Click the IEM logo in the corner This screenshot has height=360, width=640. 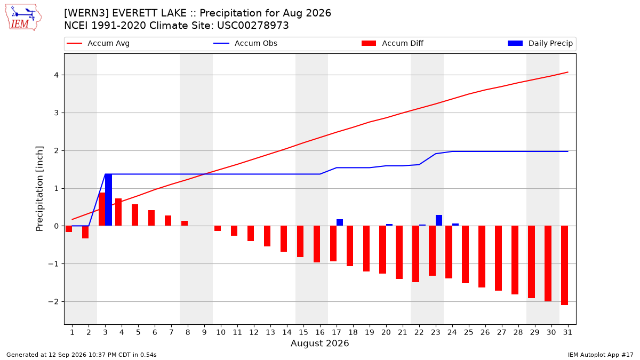23,17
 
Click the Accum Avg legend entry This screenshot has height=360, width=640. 98,43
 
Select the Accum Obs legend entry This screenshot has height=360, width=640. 245,43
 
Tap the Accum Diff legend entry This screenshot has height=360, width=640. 393,43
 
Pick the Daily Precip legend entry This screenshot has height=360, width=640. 540,43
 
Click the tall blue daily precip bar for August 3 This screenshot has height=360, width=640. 109,199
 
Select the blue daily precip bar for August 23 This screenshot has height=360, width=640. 439,220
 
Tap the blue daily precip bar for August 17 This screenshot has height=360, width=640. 340,222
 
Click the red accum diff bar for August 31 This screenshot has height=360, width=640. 565,266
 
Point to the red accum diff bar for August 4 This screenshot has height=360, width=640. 118,212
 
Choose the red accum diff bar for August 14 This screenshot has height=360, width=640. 284,238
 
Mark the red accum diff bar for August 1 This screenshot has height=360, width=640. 69,229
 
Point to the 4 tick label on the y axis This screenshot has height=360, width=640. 56,75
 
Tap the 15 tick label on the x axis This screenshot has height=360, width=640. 303,332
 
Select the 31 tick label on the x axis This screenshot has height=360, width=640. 567,332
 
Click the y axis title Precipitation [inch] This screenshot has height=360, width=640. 39,189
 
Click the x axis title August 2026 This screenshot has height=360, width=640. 319,343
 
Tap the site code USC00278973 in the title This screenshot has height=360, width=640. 253,26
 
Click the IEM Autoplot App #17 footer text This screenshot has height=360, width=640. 601,355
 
